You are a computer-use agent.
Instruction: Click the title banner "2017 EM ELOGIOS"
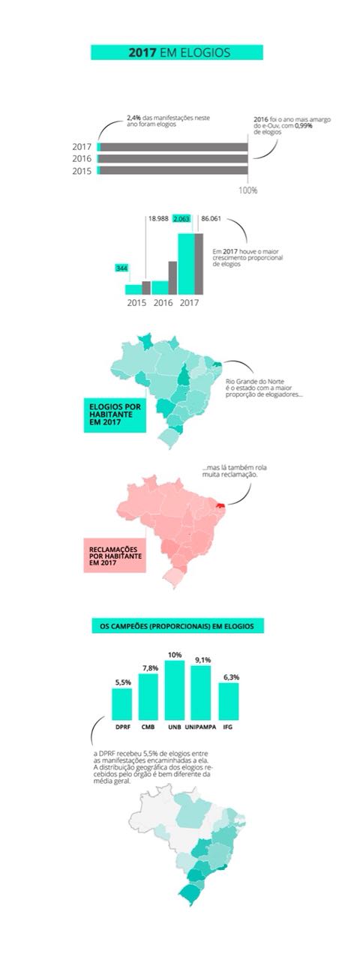[177, 52]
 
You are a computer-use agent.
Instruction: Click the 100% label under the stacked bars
[247, 190]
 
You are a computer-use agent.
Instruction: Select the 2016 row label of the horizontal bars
[82, 159]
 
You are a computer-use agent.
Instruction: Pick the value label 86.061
[212, 218]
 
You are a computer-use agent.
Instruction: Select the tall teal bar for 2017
[186, 264]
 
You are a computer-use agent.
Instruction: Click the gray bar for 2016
[172, 277]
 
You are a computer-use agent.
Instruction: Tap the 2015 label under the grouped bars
[136, 304]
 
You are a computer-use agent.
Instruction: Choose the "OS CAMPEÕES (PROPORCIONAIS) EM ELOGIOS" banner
[177, 625]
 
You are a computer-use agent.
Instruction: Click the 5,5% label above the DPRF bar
[122, 682]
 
